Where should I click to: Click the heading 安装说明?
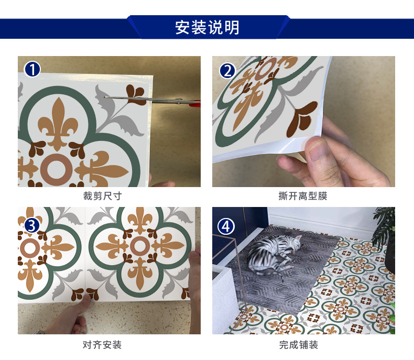(x=207, y=27)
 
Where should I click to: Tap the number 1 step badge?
(x=32, y=70)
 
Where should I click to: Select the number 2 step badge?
(x=227, y=70)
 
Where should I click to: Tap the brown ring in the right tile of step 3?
(x=139, y=246)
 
